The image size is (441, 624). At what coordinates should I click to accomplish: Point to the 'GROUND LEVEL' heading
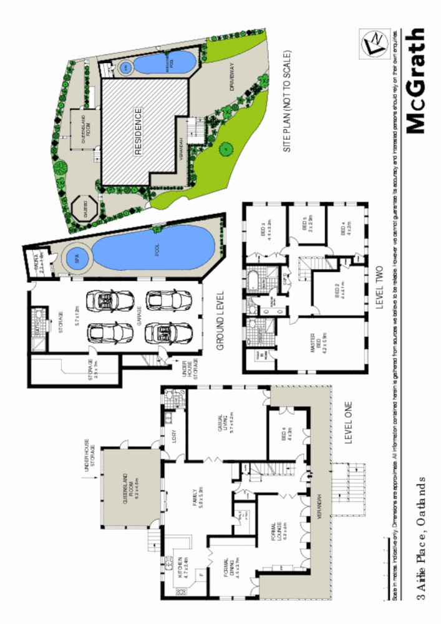click(221, 324)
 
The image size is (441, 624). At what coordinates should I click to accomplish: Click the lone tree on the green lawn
click(225, 149)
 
